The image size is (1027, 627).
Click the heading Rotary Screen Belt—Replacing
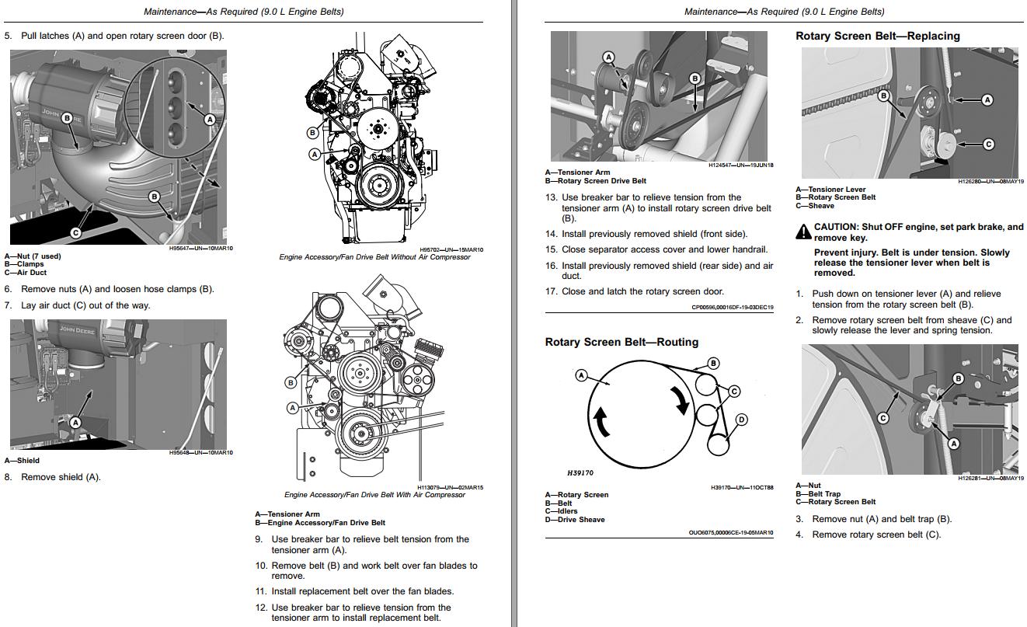pos(877,36)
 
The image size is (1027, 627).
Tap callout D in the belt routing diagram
pos(741,420)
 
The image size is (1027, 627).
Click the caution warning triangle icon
pos(802,232)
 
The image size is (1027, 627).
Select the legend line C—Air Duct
pos(26,273)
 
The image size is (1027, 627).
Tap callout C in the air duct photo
pos(76,232)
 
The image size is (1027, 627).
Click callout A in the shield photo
pos(75,423)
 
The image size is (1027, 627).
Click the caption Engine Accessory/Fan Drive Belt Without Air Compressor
pos(374,257)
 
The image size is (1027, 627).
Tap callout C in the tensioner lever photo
pos(988,144)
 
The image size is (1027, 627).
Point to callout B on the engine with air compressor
pos(291,382)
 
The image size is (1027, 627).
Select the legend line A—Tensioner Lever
pos(830,190)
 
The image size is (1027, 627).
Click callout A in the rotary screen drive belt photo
pos(608,57)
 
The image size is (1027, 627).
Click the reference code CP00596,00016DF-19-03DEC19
pos(732,307)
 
